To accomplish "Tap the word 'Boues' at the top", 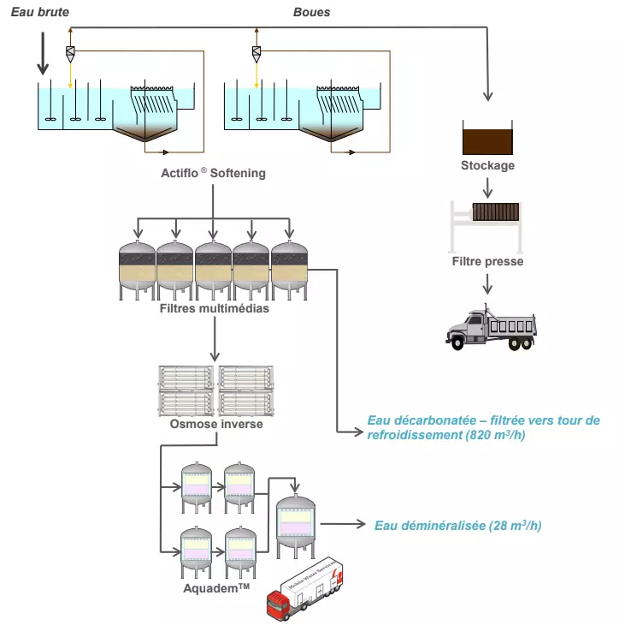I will click(x=311, y=13).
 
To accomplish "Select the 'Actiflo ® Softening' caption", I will click(x=213, y=173).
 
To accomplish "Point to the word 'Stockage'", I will click(x=487, y=165).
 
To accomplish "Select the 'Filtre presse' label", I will click(x=487, y=261).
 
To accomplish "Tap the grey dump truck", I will click(x=491, y=326).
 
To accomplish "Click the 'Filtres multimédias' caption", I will click(x=214, y=309).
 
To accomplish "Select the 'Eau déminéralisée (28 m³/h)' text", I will click(x=457, y=526).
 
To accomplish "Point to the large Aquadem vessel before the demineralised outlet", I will click(x=295, y=526).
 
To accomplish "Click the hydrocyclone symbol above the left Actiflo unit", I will click(x=70, y=53).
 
